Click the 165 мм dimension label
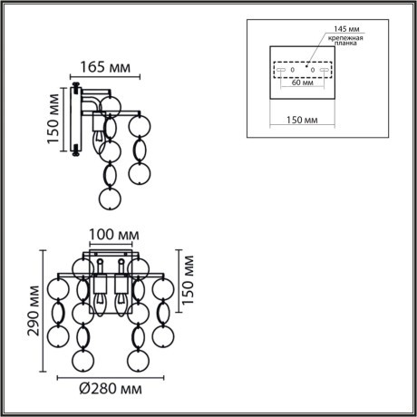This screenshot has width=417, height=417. click(x=104, y=67)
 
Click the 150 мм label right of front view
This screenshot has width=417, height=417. click(x=189, y=282)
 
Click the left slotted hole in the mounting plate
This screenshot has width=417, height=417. click(x=280, y=69)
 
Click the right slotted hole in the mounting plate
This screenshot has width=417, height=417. click(x=324, y=69)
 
